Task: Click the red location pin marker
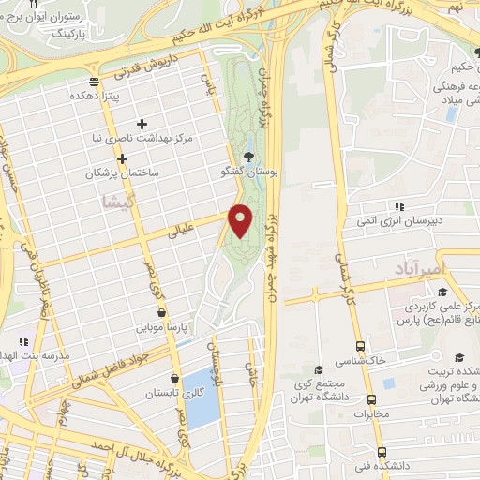coord(241,220)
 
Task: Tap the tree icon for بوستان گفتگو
coord(247,157)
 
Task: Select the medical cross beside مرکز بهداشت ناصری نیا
coord(142,124)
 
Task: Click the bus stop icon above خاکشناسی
coord(360,345)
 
